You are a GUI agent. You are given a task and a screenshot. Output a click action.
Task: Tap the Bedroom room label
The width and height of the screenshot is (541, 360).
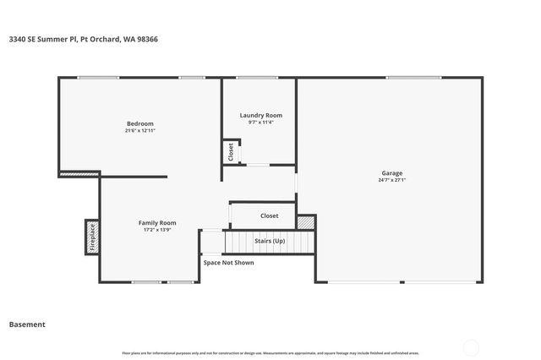140,124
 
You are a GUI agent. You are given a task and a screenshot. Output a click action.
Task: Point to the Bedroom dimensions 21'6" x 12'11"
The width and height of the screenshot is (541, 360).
140,131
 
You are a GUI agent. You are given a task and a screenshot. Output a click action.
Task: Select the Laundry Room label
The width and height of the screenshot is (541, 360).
260,115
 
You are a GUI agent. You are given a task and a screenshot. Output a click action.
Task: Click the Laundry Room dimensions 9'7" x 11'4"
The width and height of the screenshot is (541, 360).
260,123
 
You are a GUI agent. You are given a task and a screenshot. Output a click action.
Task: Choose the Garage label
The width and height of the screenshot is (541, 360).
391,172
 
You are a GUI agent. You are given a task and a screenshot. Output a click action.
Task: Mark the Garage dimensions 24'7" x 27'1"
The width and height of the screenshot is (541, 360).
391,180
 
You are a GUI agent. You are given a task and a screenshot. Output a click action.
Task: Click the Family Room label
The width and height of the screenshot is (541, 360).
157,222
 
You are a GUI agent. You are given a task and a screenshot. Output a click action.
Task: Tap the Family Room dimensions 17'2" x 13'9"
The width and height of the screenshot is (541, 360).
157,230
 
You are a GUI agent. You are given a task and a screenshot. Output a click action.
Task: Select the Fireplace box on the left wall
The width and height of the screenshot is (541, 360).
92,237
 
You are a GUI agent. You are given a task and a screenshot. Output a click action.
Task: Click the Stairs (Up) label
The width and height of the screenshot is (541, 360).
270,241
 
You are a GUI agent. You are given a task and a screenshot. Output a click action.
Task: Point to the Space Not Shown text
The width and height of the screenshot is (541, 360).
228,263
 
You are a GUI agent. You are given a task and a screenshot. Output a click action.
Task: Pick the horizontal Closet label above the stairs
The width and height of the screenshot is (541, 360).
269,215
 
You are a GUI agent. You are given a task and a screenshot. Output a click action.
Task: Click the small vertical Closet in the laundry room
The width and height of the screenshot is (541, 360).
230,151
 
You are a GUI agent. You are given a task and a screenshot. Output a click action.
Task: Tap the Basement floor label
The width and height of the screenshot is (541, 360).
27,325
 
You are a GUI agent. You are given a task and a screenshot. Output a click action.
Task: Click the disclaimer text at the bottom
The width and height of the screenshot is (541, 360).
270,353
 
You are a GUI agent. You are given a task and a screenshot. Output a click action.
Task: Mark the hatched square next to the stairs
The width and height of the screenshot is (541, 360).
305,222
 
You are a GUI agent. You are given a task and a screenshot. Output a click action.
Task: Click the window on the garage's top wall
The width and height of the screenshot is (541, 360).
413,78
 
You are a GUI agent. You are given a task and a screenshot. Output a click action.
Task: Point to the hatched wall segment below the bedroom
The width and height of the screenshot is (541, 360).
79,175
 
